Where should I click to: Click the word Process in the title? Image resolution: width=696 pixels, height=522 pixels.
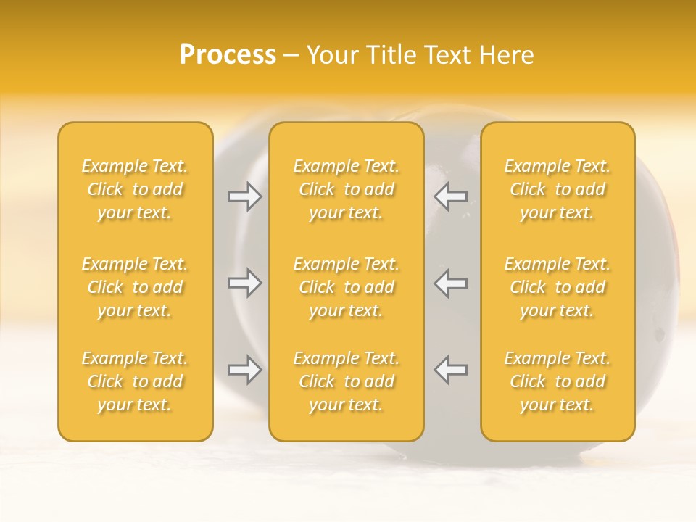(x=228, y=55)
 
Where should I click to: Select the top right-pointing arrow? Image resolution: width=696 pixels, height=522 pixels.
(x=245, y=196)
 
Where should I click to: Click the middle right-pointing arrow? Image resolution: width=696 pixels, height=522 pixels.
(x=245, y=283)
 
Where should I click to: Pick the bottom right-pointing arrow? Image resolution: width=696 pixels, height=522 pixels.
(x=245, y=370)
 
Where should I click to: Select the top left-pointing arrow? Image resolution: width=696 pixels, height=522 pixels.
(x=450, y=196)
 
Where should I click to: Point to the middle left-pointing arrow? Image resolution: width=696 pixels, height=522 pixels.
(x=450, y=283)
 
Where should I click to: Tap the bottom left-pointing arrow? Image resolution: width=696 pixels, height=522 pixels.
(x=450, y=370)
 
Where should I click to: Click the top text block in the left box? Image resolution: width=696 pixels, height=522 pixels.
(x=135, y=189)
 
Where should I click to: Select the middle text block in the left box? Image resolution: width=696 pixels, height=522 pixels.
(x=135, y=287)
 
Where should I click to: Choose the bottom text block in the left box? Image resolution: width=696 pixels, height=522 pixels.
(x=135, y=381)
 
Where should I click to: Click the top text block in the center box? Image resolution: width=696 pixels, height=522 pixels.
(x=346, y=189)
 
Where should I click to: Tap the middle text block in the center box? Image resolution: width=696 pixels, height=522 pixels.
(x=346, y=287)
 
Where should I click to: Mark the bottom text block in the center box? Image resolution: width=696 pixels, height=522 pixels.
(x=346, y=381)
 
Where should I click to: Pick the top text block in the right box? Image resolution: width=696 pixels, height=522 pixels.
(x=557, y=189)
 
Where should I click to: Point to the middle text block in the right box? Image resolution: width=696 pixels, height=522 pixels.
(x=557, y=287)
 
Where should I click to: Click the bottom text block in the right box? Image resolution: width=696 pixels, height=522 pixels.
(x=557, y=381)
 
